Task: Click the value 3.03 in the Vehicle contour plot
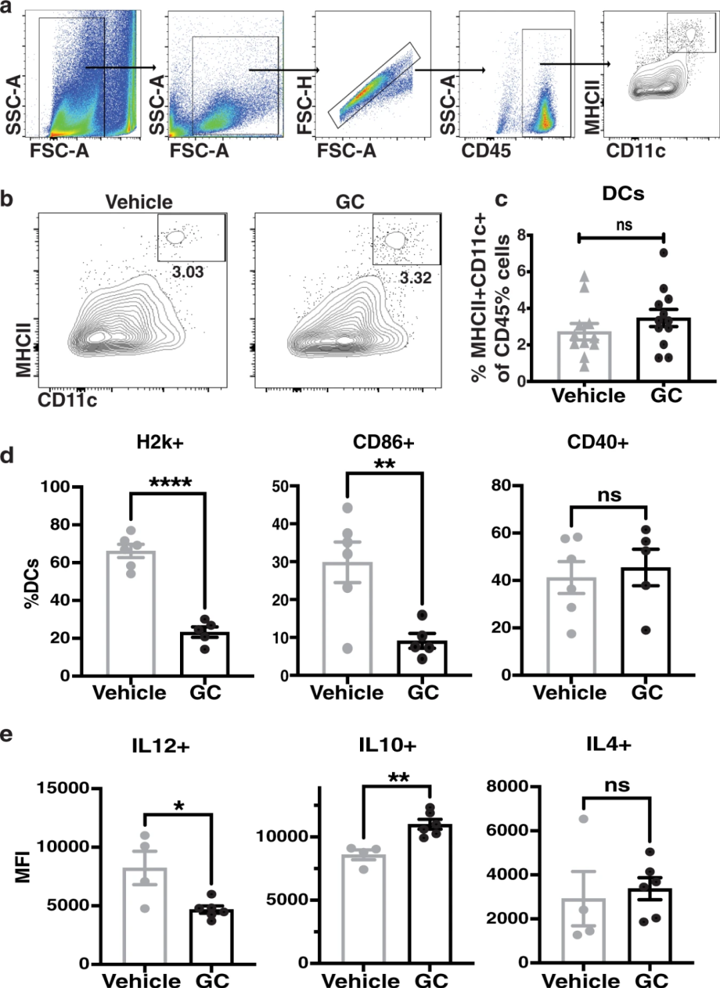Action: [187, 272]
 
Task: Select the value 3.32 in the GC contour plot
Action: [415, 278]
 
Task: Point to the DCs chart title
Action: [623, 194]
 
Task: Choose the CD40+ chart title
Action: [597, 442]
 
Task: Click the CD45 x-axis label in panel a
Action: [486, 151]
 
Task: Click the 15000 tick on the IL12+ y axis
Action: [63, 788]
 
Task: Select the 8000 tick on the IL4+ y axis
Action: [507, 787]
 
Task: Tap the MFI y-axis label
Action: [24, 865]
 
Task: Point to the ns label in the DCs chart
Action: [623, 225]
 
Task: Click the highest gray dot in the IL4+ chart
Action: [583, 819]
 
